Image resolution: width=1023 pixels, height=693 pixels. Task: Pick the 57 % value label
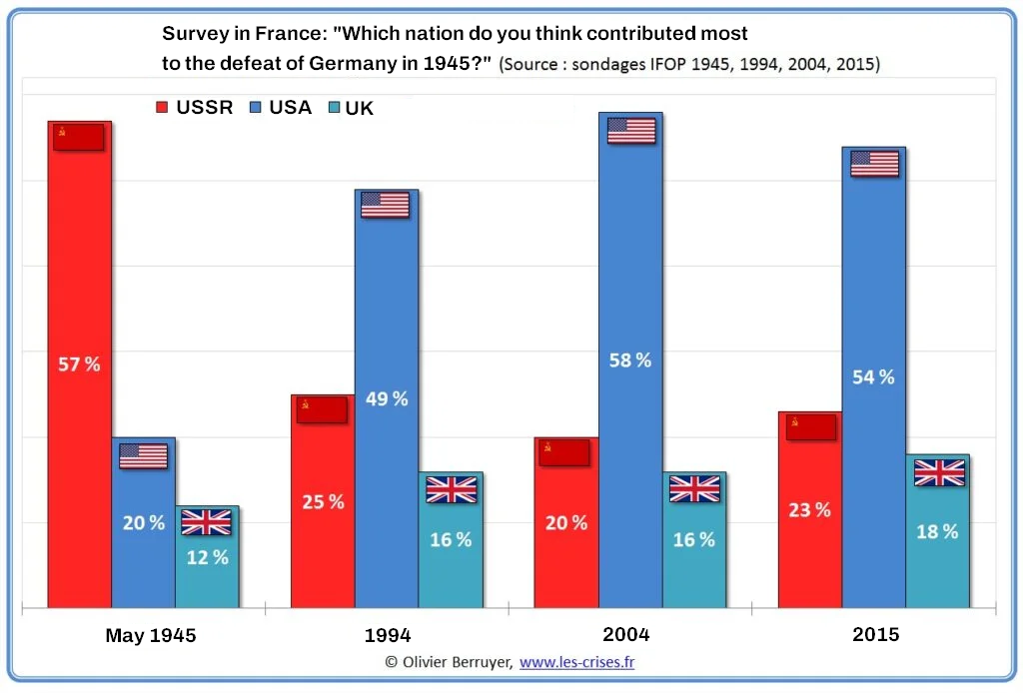[x=79, y=364]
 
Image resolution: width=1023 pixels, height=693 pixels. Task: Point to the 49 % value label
[x=387, y=398]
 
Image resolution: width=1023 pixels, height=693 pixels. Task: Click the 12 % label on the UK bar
[x=207, y=557]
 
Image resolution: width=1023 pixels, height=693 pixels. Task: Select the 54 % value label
[x=873, y=377]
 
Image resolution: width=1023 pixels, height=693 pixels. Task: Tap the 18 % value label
[x=937, y=531]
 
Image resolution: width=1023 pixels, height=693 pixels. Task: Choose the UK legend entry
[x=351, y=109]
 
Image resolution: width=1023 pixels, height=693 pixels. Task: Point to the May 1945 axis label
[x=151, y=635]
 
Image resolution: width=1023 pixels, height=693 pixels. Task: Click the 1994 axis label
[x=388, y=635]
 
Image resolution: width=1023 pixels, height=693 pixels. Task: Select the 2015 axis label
[x=875, y=634]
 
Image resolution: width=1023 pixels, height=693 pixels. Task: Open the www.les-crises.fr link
[x=577, y=662]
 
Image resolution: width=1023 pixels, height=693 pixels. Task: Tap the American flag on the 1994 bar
[x=386, y=205]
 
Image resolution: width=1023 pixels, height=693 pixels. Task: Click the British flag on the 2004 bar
[x=694, y=488]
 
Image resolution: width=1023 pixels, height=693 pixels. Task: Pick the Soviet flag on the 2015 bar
[x=810, y=426]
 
